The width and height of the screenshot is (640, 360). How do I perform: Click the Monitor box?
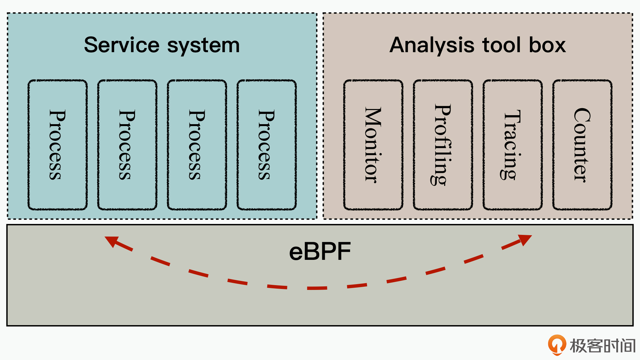(373, 145)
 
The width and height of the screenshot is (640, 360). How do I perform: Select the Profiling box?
(443, 145)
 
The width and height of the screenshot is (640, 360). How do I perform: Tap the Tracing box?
(513, 145)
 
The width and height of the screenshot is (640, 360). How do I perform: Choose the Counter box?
(582, 145)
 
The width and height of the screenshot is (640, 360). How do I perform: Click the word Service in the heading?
(122, 45)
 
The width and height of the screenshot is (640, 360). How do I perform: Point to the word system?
(204, 45)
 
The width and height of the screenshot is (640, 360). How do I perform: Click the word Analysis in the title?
(432, 45)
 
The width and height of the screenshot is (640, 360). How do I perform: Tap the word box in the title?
(547, 45)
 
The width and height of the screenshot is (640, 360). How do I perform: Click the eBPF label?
(320, 252)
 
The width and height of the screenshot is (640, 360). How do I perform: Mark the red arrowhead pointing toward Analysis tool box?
(525, 239)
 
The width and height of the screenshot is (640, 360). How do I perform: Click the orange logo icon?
(557, 345)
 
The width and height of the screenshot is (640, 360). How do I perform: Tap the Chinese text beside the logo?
(602, 346)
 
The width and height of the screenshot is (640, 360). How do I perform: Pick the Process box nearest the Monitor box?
(267, 145)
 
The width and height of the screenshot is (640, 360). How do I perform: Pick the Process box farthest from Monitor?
(58, 145)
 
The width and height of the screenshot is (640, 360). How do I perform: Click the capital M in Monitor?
(373, 117)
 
